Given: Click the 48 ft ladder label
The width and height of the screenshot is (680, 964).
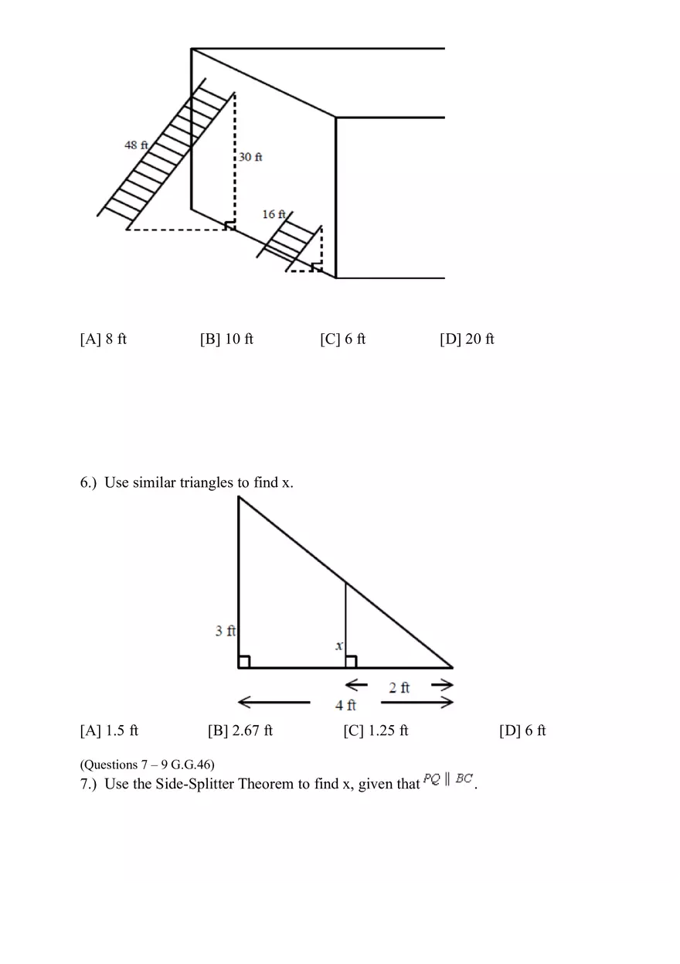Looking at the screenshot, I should click(x=136, y=145).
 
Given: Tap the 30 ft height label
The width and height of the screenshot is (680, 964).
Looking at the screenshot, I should click(x=250, y=157).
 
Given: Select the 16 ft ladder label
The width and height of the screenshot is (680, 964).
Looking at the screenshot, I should click(x=274, y=214).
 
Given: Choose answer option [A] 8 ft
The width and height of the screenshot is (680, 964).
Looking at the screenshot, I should click(x=104, y=339).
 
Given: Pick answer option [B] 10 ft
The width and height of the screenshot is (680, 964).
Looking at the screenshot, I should click(x=226, y=339).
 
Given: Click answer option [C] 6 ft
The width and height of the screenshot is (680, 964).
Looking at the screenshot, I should click(x=343, y=339).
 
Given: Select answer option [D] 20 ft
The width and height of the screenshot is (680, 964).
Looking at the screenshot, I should click(x=467, y=339).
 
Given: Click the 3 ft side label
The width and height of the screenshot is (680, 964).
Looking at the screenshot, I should click(x=225, y=631).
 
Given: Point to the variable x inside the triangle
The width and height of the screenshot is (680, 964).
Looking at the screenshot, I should click(x=338, y=646).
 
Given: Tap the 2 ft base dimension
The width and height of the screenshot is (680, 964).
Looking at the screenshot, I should click(x=399, y=687).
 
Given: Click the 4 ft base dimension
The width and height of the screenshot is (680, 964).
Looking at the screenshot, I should click(x=345, y=704).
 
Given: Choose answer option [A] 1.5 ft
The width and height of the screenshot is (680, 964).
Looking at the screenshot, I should click(x=109, y=731).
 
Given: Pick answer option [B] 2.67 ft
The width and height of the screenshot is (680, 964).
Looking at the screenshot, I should click(x=240, y=731).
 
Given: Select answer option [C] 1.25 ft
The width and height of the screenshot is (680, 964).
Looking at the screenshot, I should click(x=376, y=731).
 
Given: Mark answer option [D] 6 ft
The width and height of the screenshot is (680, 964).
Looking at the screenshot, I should click(x=522, y=731).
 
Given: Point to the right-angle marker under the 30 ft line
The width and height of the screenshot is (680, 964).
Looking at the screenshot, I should click(x=229, y=225).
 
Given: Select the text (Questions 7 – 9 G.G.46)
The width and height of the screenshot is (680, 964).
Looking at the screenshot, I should click(x=148, y=765).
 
